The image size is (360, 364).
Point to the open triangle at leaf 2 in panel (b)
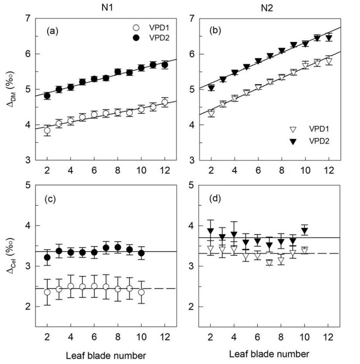pos(211,114)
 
